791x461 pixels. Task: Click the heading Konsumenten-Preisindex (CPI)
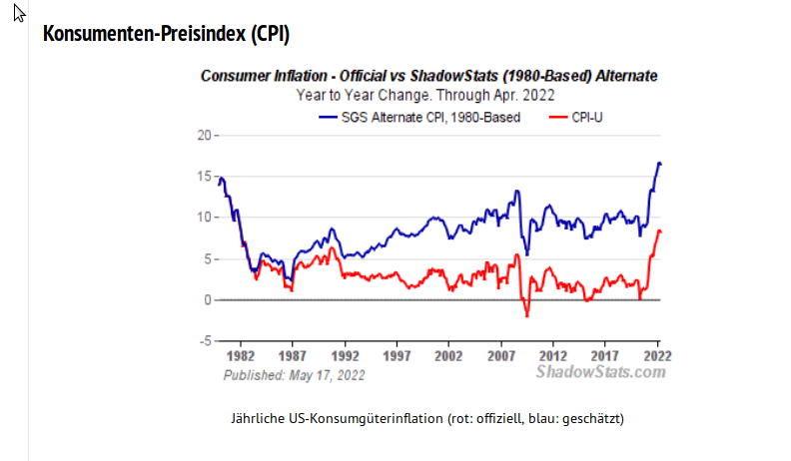pyautogui.click(x=166, y=34)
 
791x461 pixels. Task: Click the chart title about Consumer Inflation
pyautogui.click(x=428, y=76)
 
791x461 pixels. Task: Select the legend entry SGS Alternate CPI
pyautogui.click(x=418, y=117)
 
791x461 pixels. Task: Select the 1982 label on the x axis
pyautogui.click(x=241, y=355)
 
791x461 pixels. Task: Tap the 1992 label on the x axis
pyautogui.click(x=345, y=355)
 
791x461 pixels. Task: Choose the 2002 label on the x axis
pyautogui.click(x=448, y=355)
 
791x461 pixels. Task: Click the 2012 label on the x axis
pyautogui.click(x=552, y=355)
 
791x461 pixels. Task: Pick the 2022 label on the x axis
pyautogui.click(x=655, y=355)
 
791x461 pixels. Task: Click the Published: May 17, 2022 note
pyautogui.click(x=294, y=375)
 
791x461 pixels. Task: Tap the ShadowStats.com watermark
pyautogui.click(x=600, y=372)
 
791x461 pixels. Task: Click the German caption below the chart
pyautogui.click(x=427, y=417)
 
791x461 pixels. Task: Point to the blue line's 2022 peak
pyautogui.click(x=658, y=163)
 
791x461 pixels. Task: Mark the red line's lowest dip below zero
pyautogui.click(x=526, y=316)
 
